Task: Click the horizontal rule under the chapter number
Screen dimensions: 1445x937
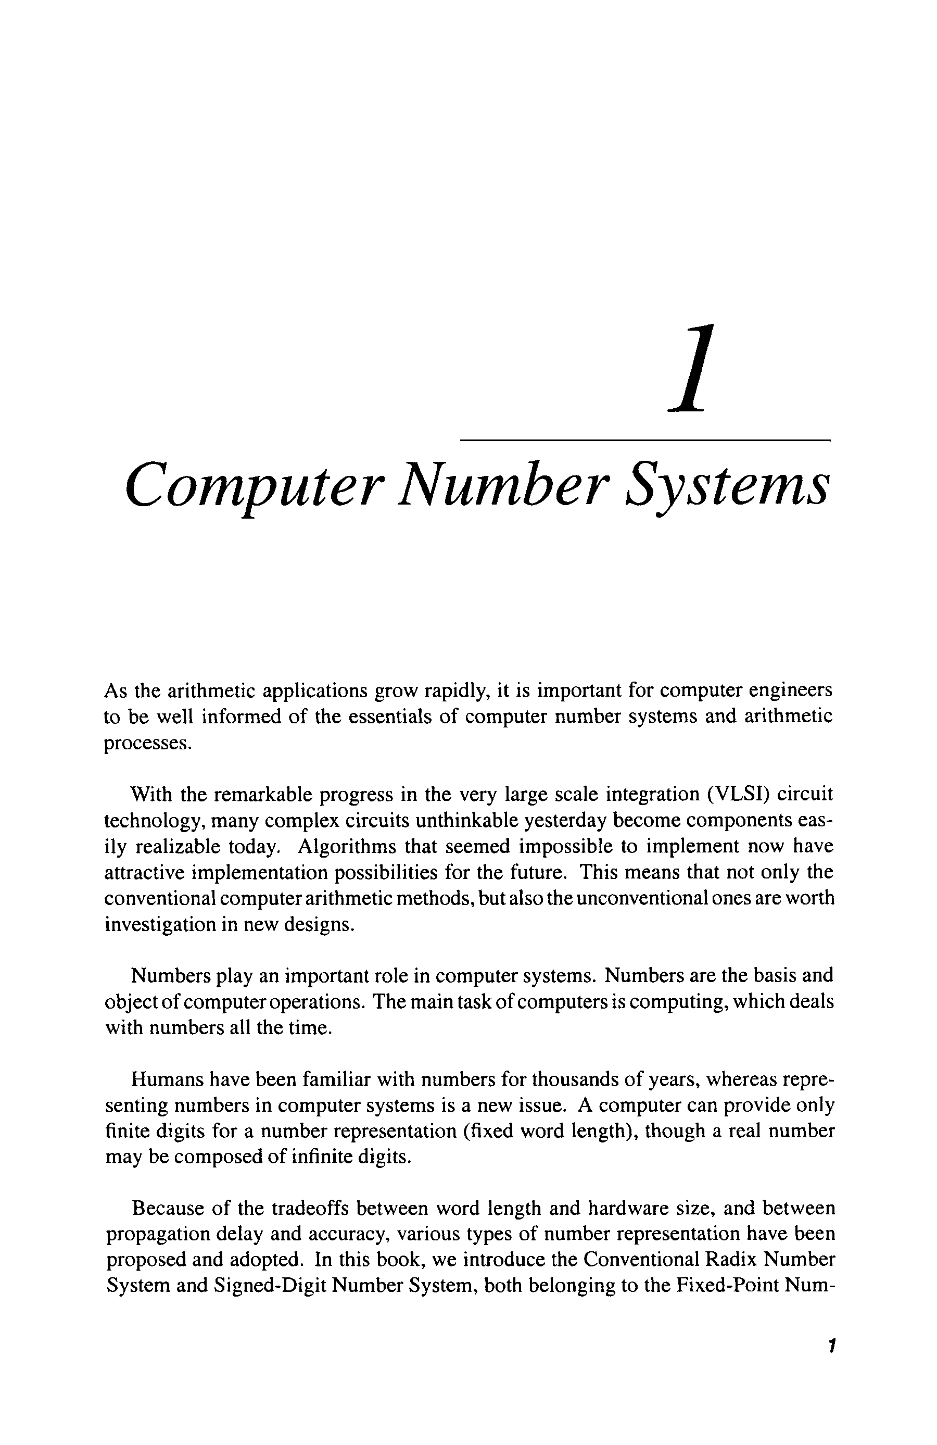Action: tap(644, 439)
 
